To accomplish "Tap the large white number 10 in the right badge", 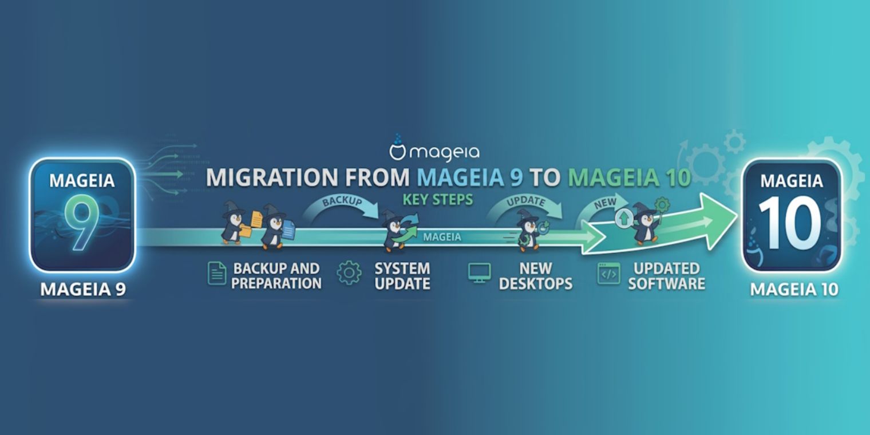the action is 790,223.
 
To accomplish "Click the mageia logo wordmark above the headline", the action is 434,149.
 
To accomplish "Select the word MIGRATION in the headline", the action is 272,177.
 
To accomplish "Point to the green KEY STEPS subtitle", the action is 438,199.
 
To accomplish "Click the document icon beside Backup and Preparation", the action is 217,274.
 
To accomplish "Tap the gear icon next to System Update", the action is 349,273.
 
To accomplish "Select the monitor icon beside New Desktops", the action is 479,273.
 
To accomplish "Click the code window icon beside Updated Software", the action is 608,274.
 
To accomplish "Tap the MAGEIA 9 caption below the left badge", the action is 83,290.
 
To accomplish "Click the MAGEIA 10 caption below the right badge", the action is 794,290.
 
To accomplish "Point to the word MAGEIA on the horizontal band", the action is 442,237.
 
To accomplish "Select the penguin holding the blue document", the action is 276,228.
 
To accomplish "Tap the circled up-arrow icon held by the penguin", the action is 624,218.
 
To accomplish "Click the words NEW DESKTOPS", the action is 536,276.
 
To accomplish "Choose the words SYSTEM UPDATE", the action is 402,276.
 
